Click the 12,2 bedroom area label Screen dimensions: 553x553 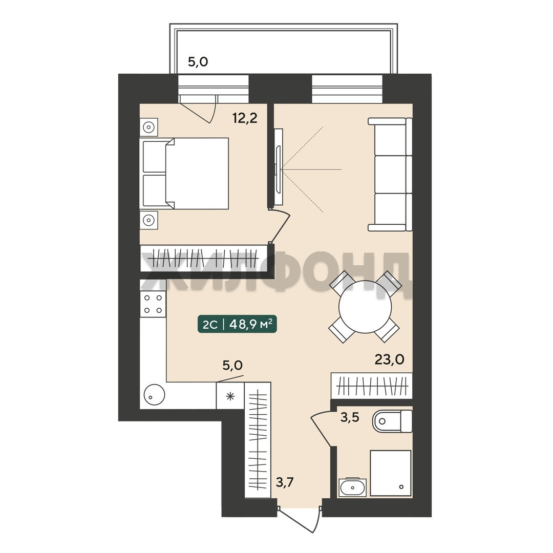245,118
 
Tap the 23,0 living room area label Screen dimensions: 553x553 389,359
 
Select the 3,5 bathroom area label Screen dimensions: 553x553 350,417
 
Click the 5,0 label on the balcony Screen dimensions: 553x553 198,62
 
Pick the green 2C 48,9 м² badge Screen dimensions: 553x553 237,324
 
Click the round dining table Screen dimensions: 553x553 365,307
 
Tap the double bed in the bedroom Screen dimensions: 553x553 186,173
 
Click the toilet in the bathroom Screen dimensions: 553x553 392,421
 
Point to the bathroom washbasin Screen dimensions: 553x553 352,487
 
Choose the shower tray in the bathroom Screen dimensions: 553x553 390,473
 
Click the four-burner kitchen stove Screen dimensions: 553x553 153,304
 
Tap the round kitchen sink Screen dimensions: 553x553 154,395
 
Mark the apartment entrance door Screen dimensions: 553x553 300,518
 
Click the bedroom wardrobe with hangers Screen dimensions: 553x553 204,258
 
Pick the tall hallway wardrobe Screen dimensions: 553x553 258,440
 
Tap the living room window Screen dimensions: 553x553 347,89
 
